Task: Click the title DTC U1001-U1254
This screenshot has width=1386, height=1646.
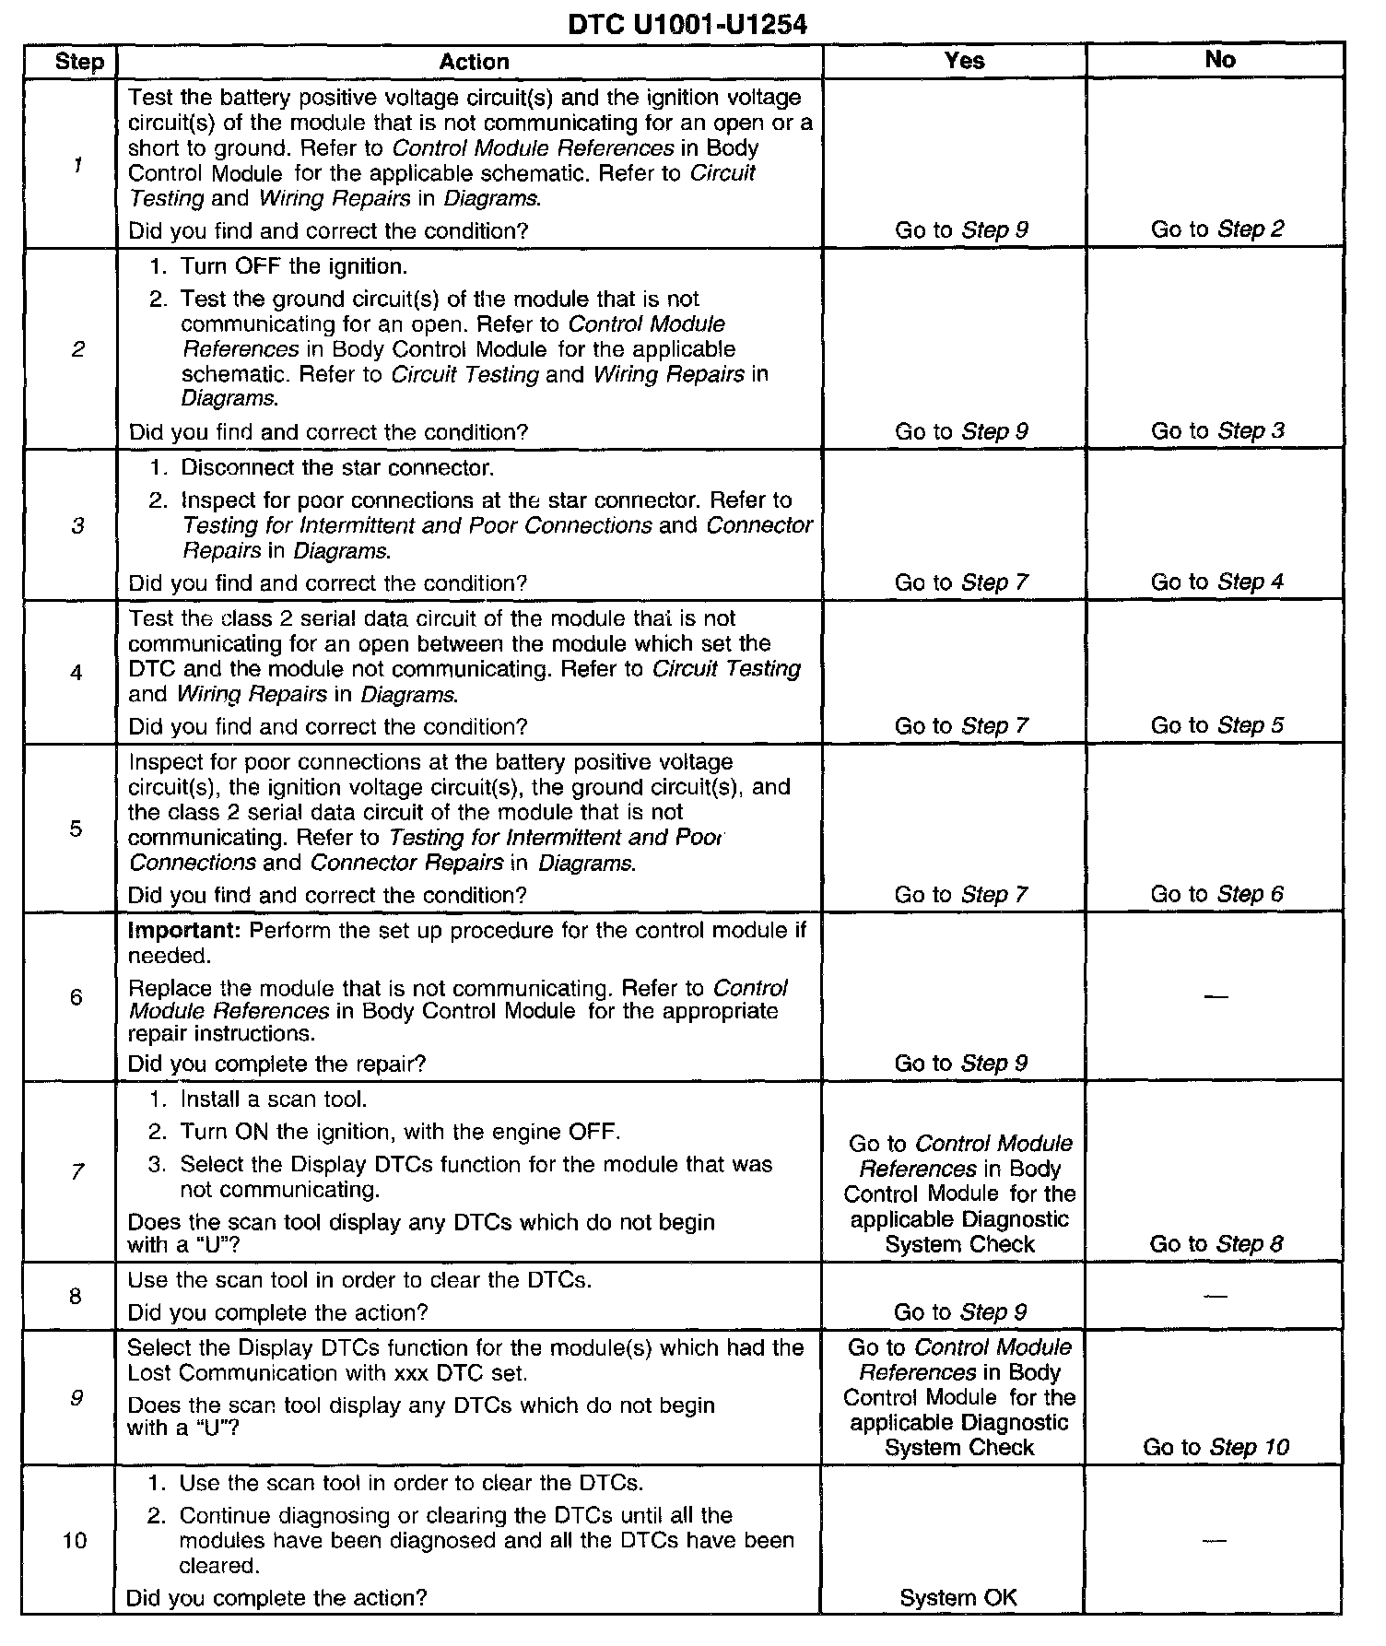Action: [687, 25]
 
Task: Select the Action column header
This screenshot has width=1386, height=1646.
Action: [474, 62]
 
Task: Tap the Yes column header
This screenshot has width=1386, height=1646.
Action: [964, 61]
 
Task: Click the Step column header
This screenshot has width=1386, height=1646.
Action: [79, 62]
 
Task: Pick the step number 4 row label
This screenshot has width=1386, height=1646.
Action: [76, 673]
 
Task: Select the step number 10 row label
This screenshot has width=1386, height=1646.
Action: [75, 1540]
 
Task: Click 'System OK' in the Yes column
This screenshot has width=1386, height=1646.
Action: [958, 1597]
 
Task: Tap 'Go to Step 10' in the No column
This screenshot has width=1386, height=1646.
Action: [1216, 1447]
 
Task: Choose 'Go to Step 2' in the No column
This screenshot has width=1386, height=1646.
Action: [1216, 229]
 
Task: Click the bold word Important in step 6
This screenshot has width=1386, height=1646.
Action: [184, 930]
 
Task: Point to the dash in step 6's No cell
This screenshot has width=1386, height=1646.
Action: [1216, 997]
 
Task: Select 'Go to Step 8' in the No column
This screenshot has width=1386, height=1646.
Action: [1216, 1244]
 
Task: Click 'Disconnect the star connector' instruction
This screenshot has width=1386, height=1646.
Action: [337, 468]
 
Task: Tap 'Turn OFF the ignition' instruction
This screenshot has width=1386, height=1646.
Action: [293, 267]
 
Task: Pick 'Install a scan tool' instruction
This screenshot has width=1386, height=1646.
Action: [273, 1099]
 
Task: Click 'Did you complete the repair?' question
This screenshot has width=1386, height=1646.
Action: [276, 1064]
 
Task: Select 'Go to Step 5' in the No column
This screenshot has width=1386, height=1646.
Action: [1216, 725]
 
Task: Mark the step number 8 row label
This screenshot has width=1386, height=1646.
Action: [76, 1297]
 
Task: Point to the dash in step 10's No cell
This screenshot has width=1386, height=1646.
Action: [1216, 1540]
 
